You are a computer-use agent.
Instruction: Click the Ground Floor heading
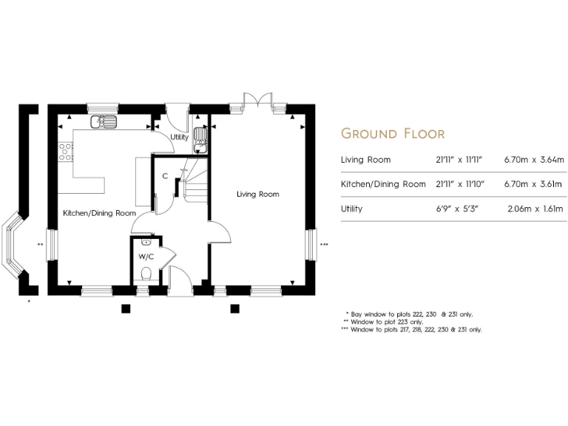coord(392,134)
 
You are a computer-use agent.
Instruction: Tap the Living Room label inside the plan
coord(257,195)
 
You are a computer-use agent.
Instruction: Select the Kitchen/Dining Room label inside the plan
coord(99,213)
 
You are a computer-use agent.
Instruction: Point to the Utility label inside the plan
coord(179,138)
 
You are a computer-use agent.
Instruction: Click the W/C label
coord(146,257)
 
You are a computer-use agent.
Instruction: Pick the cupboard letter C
coord(164,176)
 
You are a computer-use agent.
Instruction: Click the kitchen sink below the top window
coord(103,122)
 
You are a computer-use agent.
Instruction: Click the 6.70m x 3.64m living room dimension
coord(534,159)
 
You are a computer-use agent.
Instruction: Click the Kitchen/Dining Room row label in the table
coord(382,183)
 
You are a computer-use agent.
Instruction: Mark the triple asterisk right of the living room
coord(323,244)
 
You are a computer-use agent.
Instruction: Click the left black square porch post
coord(126,308)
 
